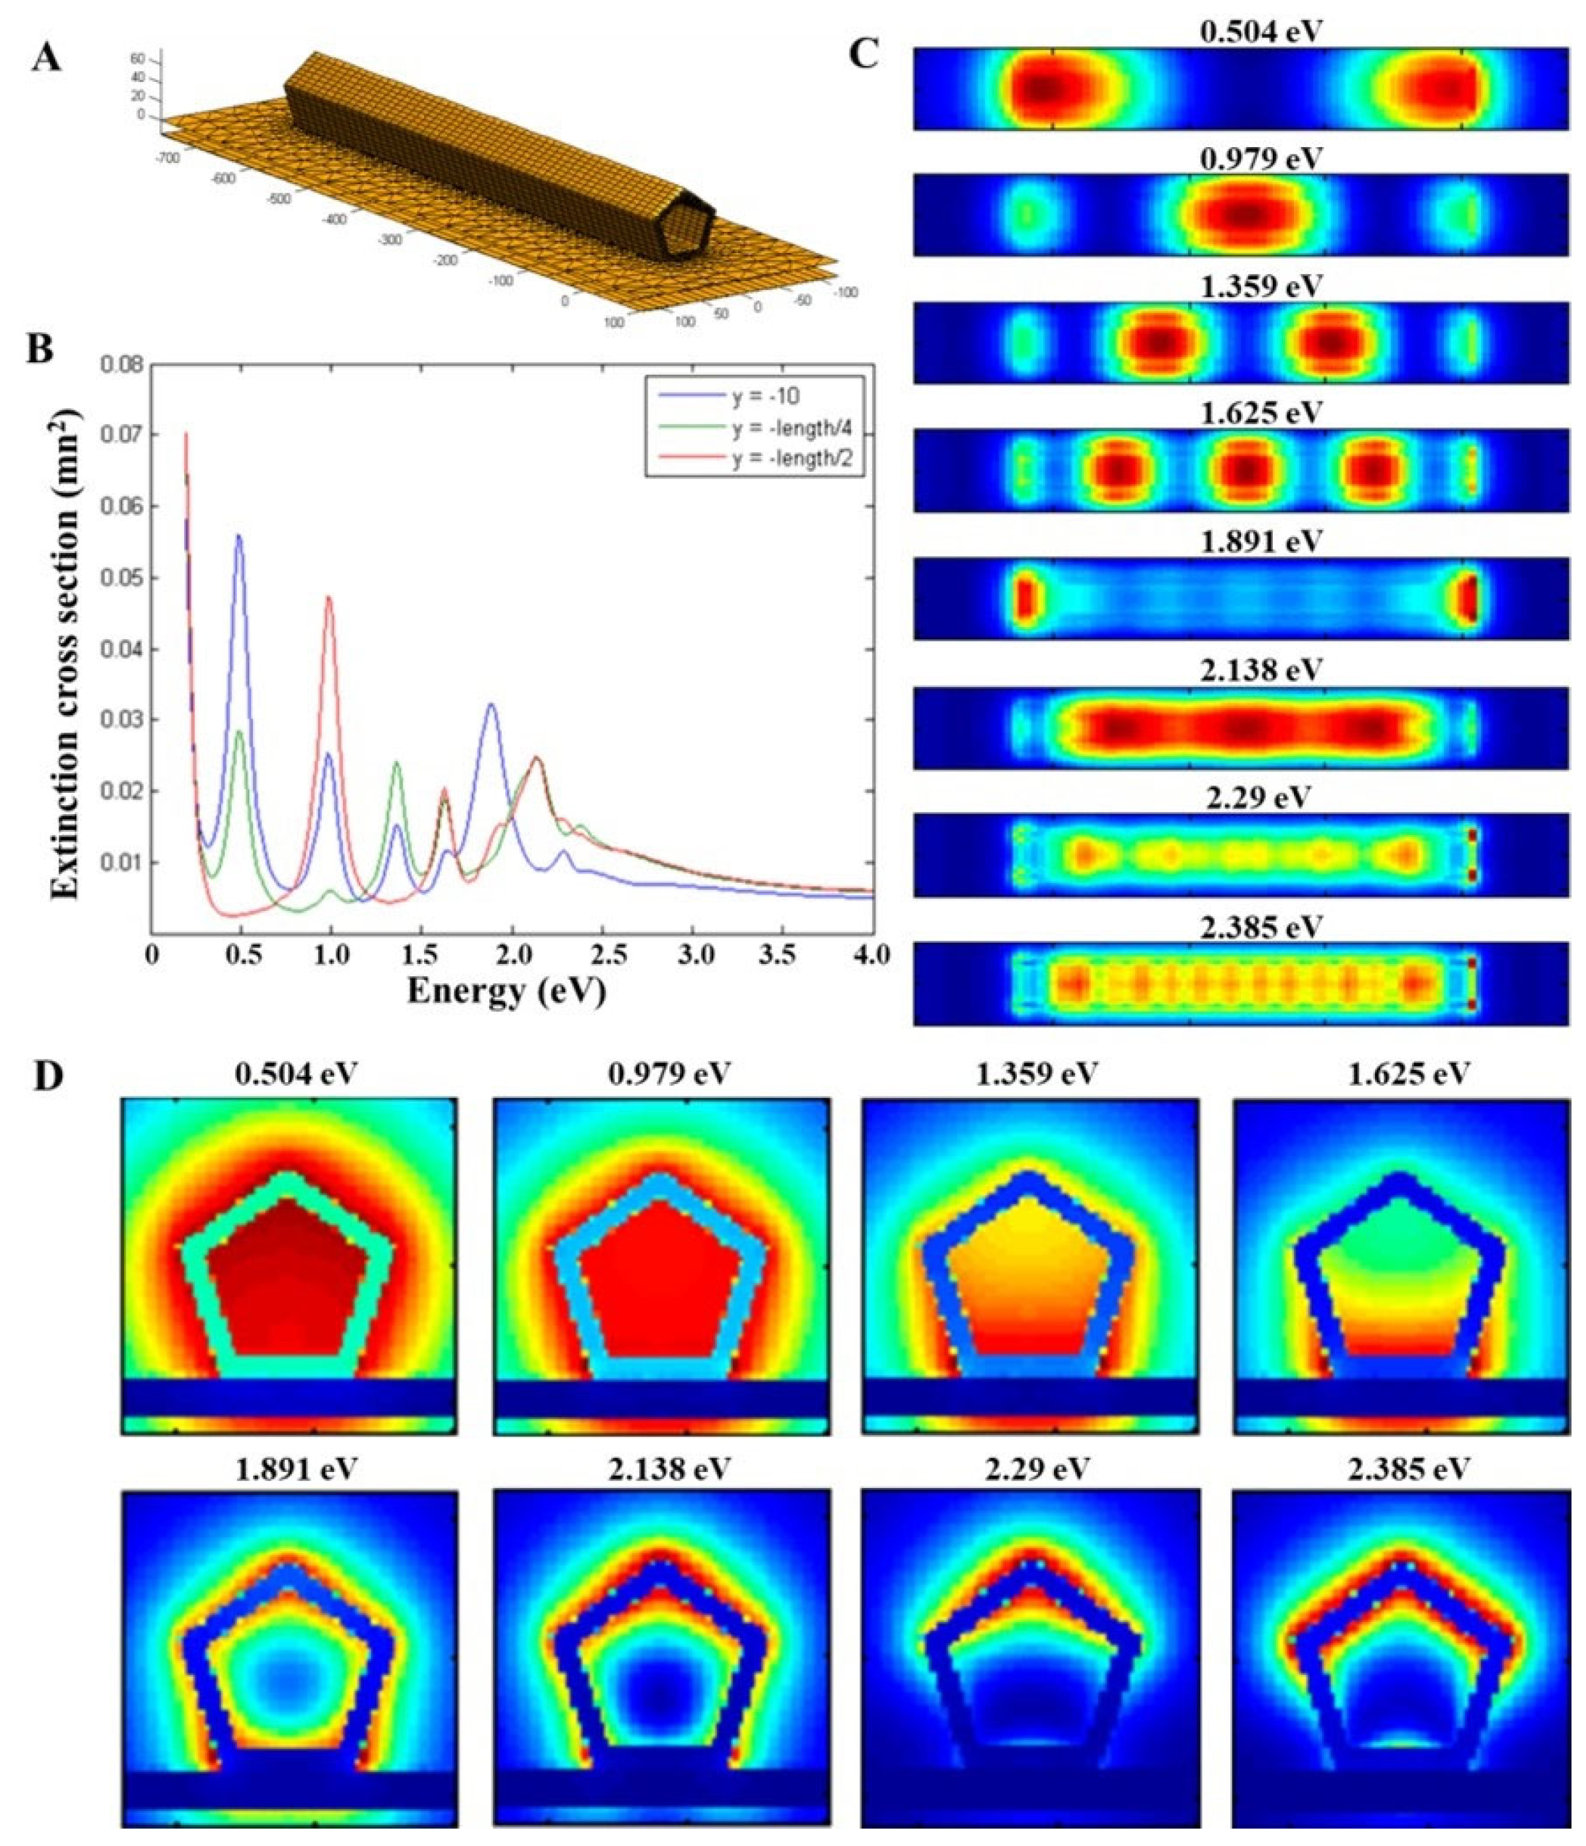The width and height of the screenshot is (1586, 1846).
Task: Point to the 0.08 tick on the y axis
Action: tap(124, 365)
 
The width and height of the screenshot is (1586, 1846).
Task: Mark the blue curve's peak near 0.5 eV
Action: tap(238, 536)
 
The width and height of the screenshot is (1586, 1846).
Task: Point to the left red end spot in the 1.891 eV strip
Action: tap(1026, 598)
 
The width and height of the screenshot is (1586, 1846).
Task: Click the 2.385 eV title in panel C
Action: tap(1259, 928)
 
